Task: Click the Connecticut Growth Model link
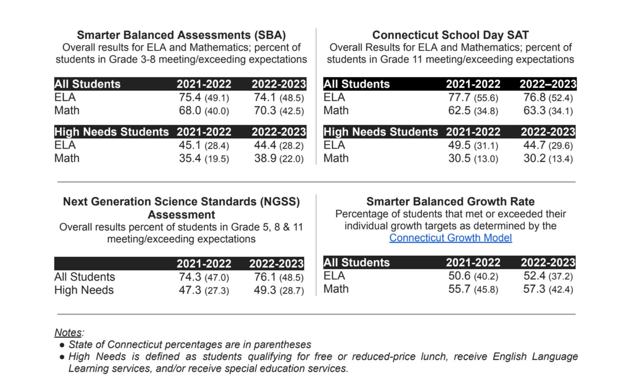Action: (450, 238)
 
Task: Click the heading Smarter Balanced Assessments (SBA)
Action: (181, 35)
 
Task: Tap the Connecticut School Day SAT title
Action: (450, 35)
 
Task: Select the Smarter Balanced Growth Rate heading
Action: (450, 202)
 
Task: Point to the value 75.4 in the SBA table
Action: (190, 98)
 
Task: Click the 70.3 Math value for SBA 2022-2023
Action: (265, 111)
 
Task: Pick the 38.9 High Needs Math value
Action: (265, 158)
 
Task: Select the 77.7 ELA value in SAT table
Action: (459, 98)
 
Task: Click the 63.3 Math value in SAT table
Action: (534, 111)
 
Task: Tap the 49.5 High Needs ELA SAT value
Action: (459, 145)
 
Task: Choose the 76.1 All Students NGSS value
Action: (265, 277)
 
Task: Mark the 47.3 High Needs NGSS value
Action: (190, 290)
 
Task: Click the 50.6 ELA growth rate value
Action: (459, 276)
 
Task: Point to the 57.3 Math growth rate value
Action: (534, 289)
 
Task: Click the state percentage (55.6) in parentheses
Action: (486, 98)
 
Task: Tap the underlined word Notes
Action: (68, 332)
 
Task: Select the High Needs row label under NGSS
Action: (84, 290)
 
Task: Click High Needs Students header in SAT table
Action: (380, 132)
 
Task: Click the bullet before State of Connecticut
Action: (62, 345)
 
